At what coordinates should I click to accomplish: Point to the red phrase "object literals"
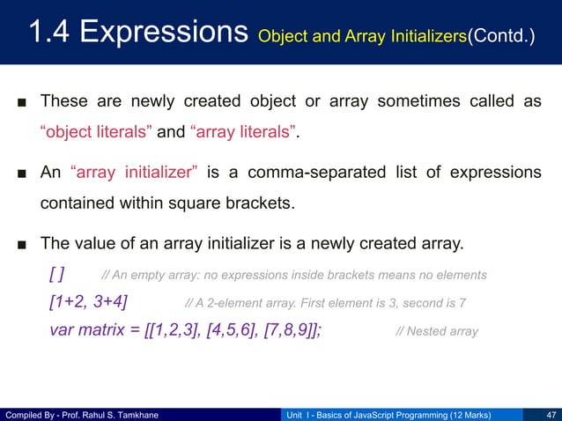pyautogui.click(x=97, y=133)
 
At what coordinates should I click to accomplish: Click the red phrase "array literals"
pyautogui.click(x=243, y=133)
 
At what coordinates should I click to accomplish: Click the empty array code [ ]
pyautogui.click(x=59, y=274)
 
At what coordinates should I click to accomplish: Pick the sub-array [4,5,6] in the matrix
pyautogui.click(x=231, y=332)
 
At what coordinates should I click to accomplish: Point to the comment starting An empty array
pyautogui.click(x=294, y=275)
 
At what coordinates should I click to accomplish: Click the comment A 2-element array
pyautogui.click(x=326, y=304)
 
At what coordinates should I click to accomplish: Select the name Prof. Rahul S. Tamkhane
pyautogui.click(x=114, y=413)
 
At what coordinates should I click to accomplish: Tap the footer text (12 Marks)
pyautogui.click(x=462, y=413)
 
